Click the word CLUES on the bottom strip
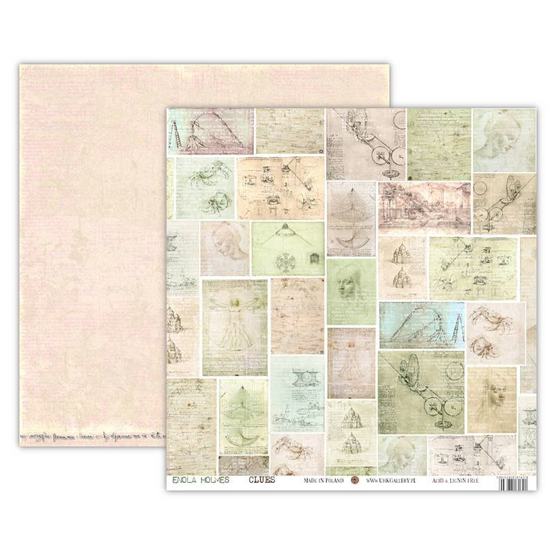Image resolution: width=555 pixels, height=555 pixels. pos(262,480)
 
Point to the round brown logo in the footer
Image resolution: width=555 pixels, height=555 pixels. pos(356,480)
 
